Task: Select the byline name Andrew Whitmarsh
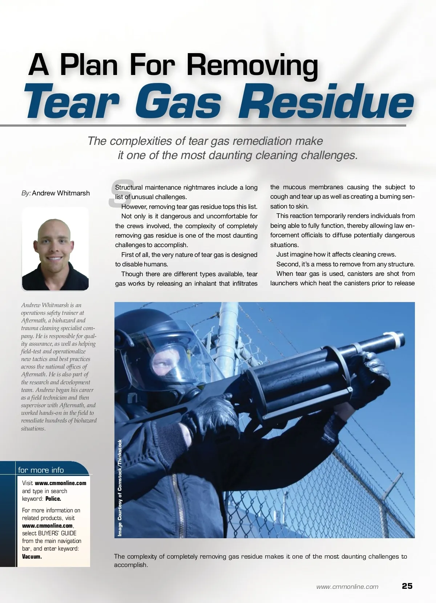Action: tap(61, 193)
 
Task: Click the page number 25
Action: tap(407, 586)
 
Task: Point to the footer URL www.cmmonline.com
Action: tap(347, 587)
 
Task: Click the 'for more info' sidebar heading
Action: tap(41, 470)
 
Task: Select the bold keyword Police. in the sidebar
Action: tap(53, 499)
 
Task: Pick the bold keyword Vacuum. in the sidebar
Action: tap(32, 556)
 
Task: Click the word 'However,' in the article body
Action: tap(135, 207)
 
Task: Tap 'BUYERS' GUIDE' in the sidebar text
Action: tap(57, 533)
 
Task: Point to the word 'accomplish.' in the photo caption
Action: tap(131, 565)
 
